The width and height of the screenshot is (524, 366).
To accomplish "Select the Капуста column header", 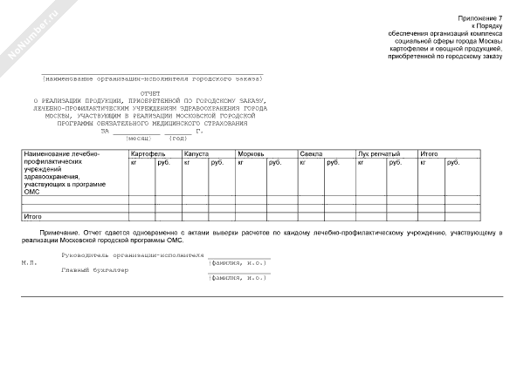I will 196,153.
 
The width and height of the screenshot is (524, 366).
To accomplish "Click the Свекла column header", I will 311,153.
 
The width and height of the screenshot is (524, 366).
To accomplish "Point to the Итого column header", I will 429,153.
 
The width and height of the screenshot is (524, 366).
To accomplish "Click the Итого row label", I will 33,215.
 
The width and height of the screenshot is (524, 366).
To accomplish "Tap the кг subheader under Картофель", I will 134,162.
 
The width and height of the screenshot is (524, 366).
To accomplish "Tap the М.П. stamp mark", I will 28,261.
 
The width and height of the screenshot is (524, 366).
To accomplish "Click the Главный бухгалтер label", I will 94,269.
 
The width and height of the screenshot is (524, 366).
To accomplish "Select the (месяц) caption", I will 139,139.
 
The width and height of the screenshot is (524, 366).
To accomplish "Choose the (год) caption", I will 178,139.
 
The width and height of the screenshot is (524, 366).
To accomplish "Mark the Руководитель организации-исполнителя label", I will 133,255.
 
